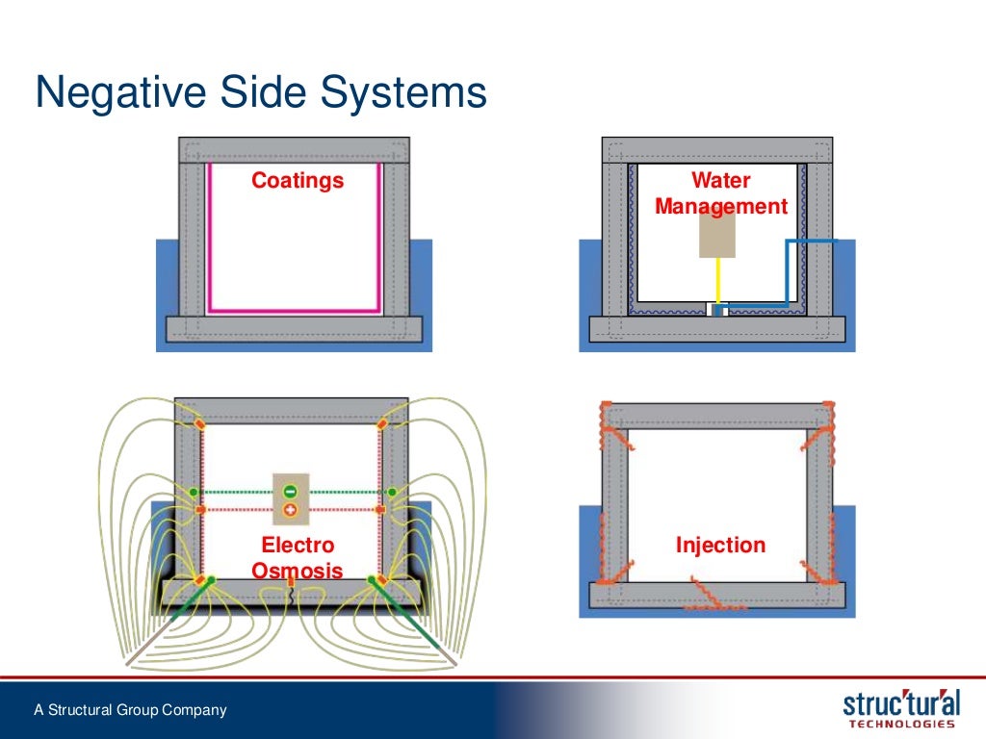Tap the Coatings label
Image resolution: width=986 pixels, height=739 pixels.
coord(298,181)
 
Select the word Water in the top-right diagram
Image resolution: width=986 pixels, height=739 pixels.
coord(720,181)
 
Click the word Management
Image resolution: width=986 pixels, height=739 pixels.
coord(720,206)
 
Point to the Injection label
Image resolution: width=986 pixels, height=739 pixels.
coord(720,546)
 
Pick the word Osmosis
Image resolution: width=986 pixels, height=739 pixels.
coord(297,571)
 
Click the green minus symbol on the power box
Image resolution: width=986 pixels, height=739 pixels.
coord(290,490)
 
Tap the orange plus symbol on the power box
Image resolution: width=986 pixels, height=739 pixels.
coord(290,509)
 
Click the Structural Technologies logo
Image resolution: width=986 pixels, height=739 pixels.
coord(901,706)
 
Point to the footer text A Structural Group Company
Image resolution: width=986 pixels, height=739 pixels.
coord(130,711)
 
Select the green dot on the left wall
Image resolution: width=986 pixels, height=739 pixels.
coord(194,492)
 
